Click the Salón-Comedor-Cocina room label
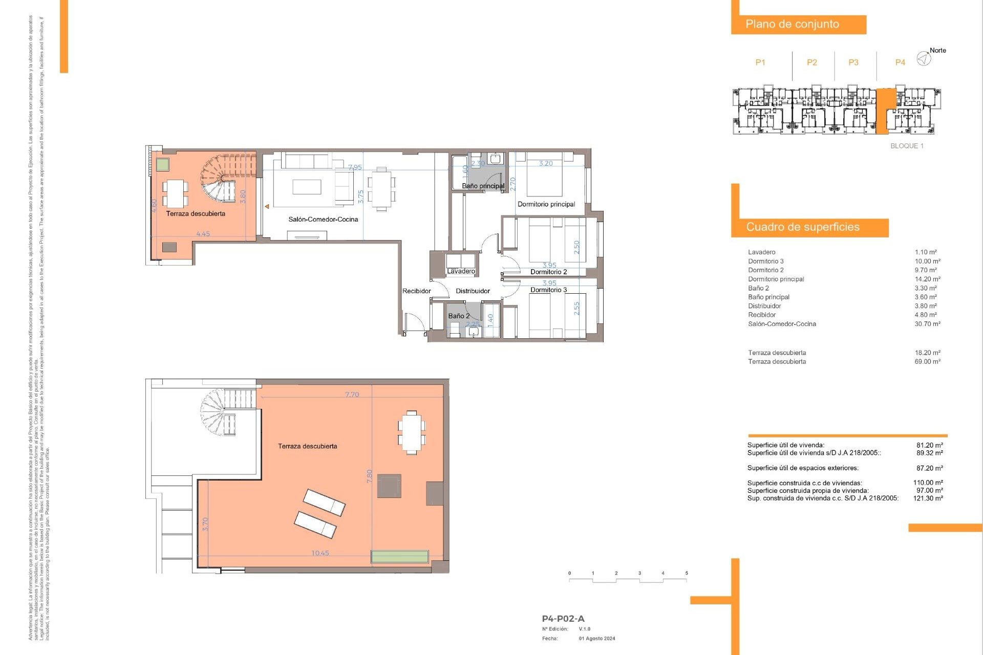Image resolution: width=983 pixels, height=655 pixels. [x=323, y=220]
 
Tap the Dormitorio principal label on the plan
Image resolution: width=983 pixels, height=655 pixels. [x=546, y=204]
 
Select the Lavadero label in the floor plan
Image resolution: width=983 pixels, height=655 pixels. [x=461, y=271]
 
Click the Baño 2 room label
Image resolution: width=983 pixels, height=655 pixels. [x=459, y=316]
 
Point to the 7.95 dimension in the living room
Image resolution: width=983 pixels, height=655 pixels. [x=355, y=167]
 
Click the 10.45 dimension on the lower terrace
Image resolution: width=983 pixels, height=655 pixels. [x=320, y=553]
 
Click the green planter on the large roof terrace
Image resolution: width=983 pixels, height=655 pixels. [x=399, y=556]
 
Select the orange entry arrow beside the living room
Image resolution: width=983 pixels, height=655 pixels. [x=267, y=207]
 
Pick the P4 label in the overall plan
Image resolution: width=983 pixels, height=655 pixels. [x=900, y=62]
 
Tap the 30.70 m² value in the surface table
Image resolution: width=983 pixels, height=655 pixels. [x=927, y=324]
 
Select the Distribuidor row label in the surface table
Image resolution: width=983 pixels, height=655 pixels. [x=764, y=306]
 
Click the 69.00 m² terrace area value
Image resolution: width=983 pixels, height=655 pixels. [x=927, y=362]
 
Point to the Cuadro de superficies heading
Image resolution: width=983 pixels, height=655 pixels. [x=802, y=227]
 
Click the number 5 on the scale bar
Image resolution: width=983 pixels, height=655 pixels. [x=687, y=573]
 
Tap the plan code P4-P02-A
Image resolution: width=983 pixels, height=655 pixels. [x=563, y=619]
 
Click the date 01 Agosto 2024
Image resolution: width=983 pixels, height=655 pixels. [x=597, y=639]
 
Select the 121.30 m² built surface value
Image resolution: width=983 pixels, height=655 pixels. [x=928, y=498]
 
